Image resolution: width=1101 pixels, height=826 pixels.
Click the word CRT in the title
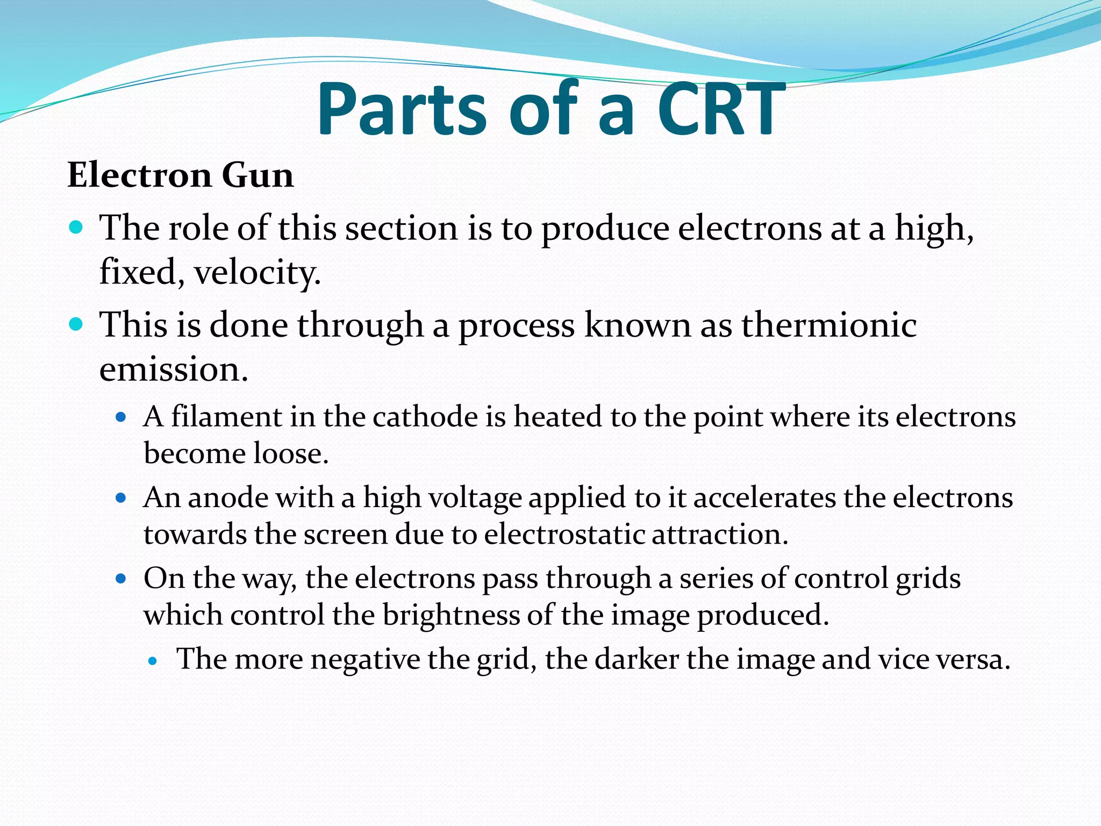tap(720, 109)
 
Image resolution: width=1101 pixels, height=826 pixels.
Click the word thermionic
tap(829, 325)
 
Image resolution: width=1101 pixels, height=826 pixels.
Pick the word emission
tap(174, 369)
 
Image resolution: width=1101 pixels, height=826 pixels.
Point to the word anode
tap(228, 497)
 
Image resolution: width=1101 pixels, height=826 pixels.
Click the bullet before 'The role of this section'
tap(76, 227)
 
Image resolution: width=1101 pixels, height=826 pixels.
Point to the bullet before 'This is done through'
tap(76, 324)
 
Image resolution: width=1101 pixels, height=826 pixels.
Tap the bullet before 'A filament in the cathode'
tap(121, 417)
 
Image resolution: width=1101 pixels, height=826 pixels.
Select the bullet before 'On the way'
tap(121, 579)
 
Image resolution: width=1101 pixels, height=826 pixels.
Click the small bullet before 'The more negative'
tap(154, 661)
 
